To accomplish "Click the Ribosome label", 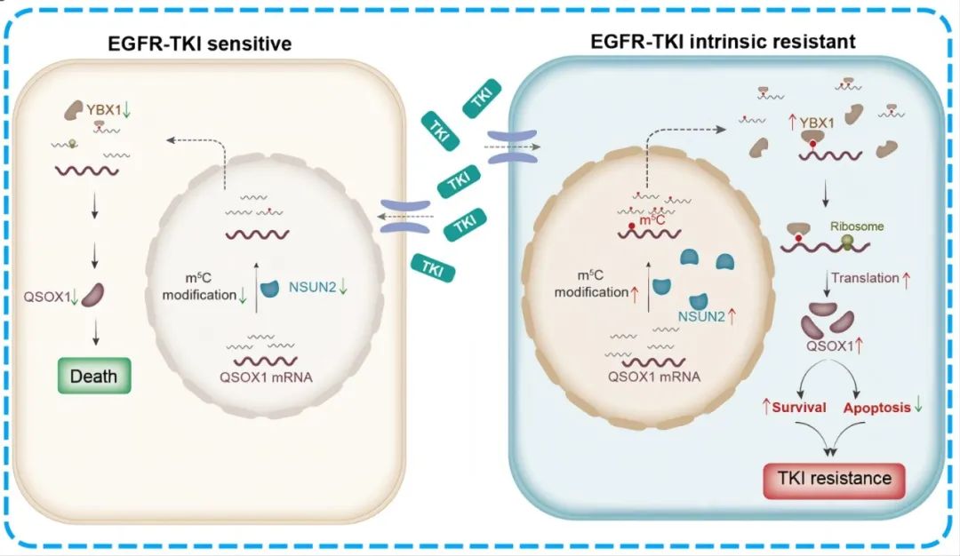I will [859, 226].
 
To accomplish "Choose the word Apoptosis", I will [876, 407].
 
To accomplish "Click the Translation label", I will [865, 278].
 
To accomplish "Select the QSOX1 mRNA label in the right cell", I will [653, 376].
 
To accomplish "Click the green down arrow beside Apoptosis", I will [918, 407].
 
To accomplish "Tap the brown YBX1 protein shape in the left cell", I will [73, 110].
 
